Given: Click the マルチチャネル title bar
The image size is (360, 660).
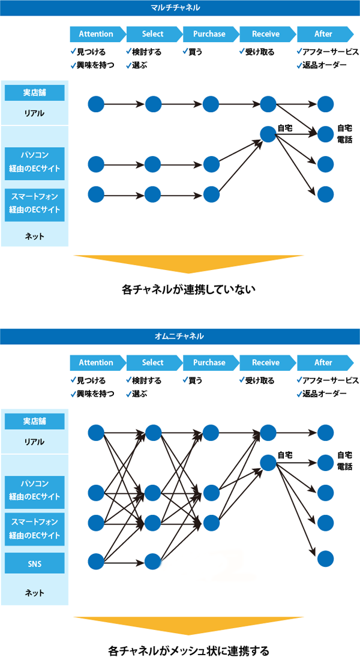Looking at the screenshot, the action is pyautogui.click(x=180, y=8).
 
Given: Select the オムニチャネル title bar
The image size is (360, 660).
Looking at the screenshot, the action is pyautogui.click(x=180, y=336).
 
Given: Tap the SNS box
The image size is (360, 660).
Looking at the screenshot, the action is pyautogui.click(x=35, y=563).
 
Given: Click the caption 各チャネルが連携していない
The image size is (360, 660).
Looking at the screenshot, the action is pyautogui.click(x=188, y=290).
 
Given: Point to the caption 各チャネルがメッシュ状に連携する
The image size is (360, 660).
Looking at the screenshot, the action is pyautogui.click(x=188, y=650).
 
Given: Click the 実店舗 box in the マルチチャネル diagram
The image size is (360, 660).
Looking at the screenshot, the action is pyautogui.click(x=35, y=92).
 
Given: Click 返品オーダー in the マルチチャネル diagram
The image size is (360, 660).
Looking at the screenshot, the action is pyautogui.click(x=324, y=65).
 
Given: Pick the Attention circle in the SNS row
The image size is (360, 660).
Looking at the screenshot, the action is pyautogui.click(x=96, y=562).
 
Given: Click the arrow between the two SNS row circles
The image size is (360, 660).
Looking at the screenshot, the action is pyautogui.click(x=125, y=562).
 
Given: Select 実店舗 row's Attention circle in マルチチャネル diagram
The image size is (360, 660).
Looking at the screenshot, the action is pyautogui.click(x=96, y=104).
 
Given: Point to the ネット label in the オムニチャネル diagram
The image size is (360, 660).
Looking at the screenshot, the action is pyautogui.click(x=35, y=593).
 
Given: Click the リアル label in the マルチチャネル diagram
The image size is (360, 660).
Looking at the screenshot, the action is pyautogui.click(x=35, y=113).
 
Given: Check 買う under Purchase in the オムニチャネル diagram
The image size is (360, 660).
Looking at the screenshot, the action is pyautogui.click(x=196, y=380).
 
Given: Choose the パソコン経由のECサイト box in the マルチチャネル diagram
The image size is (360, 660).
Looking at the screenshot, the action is pyautogui.click(x=35, y=161).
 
